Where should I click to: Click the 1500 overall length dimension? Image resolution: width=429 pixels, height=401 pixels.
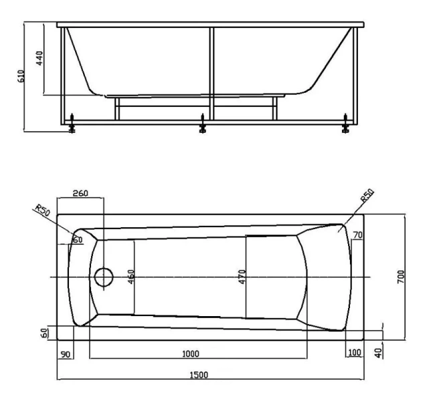[x=199, y=375]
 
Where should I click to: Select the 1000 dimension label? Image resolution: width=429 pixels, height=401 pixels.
[x=191, y=354]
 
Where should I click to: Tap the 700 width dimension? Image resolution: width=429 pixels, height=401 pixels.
[x=401, y=277]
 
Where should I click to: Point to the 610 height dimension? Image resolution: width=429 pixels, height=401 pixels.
[x=21, y=76]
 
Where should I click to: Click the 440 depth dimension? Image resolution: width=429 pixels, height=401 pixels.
[x=39, y=58]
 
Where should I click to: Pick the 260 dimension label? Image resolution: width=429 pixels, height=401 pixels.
[x=80, y=193]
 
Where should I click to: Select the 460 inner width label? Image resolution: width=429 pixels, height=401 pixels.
[x=131, y=277]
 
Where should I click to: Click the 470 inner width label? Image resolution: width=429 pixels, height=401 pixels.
[x=242, y=277]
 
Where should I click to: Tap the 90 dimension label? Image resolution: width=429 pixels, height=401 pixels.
[x=66, y=355]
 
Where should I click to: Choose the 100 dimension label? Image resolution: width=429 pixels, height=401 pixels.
[x=355, y=352]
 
